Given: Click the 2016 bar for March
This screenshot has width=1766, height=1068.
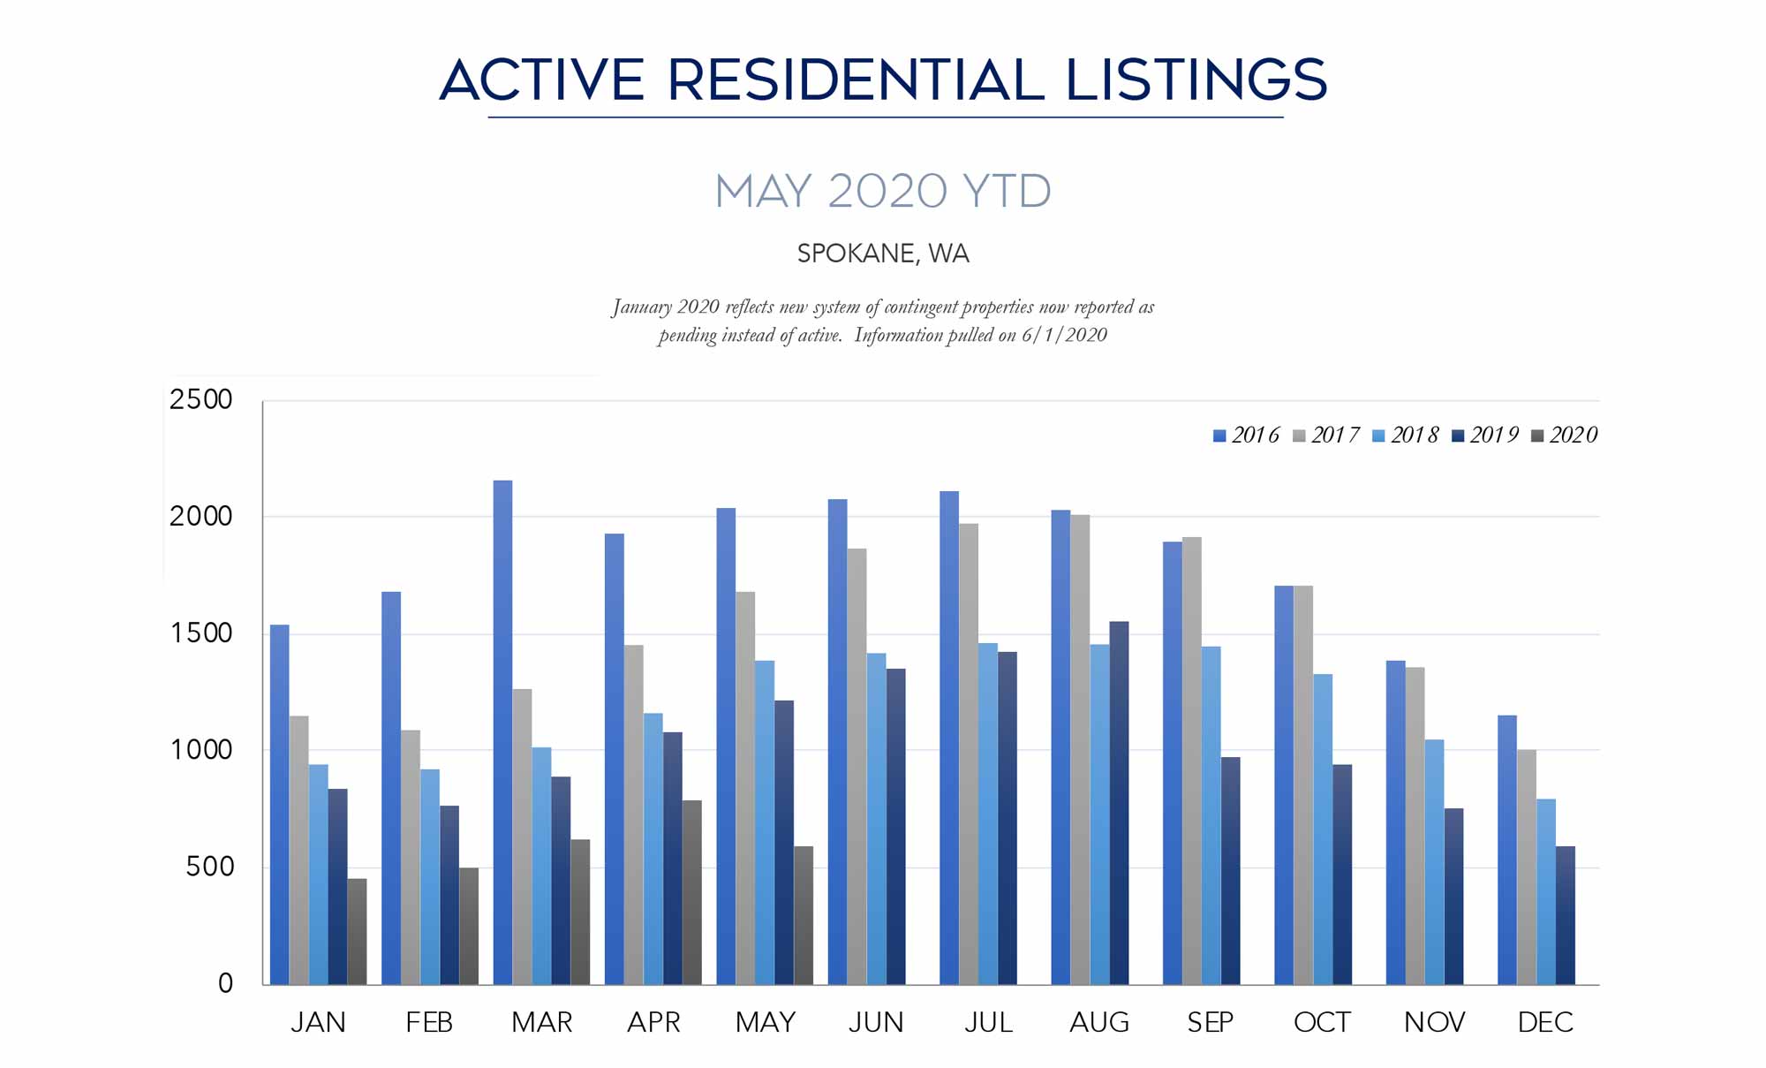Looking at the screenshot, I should [x=502, y=733].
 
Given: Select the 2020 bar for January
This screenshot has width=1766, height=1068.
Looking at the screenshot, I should [x=357, y=932].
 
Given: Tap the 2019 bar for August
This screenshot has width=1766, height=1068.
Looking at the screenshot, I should [x=1119, y=803].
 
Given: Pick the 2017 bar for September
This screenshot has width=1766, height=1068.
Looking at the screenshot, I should [x=1191, y=761].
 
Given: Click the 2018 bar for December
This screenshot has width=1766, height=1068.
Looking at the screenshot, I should [x=1546, y=891].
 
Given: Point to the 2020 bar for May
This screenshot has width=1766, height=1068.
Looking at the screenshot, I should [x=804, y=915].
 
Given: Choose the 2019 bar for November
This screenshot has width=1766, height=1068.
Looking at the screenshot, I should [x=1453, y=896].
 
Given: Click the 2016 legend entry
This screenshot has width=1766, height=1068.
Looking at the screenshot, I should [x=1246, y=436].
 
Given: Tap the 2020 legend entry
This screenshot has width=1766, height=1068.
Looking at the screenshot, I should [x=1565, y=436].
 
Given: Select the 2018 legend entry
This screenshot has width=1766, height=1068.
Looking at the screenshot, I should [x=1406, y=436].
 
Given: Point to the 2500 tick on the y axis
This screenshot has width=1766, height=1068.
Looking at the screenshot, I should [x=201, y=400].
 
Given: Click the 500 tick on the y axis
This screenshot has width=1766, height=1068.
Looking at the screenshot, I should [x=210, y=867].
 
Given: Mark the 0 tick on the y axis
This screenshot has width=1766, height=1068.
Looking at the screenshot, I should [x=225, y=983].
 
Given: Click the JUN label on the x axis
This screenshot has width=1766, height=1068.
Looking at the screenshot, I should [x=876, y=1023].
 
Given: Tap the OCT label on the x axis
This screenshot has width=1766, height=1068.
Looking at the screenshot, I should [x=1322, y=1023].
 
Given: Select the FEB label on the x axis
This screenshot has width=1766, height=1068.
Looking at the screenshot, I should [x=429, y=1023].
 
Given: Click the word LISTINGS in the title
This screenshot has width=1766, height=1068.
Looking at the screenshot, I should [x=1196, y=80].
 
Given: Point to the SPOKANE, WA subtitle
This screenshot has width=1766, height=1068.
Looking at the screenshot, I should [x=883, y=254].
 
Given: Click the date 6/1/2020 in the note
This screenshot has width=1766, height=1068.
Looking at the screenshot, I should [x=1064, y=336].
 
